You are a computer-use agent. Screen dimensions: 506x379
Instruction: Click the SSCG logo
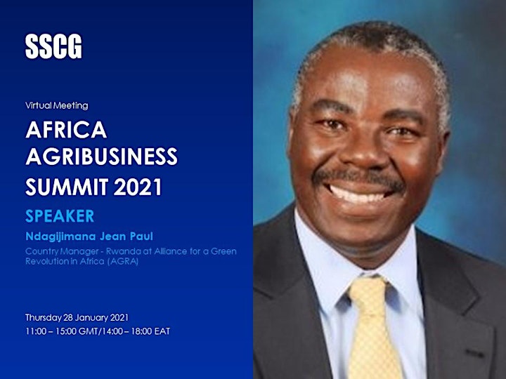(53, 46)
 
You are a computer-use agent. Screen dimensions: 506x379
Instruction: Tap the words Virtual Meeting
(57, 105)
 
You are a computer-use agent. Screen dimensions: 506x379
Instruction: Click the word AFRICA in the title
(66, 130)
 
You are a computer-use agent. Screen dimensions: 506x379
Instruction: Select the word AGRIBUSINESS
(102, 157)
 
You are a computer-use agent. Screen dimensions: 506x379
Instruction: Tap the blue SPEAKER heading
(60, 216)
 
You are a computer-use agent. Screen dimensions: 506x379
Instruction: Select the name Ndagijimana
(60, 237)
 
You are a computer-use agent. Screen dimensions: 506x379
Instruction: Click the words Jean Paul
(126, 237)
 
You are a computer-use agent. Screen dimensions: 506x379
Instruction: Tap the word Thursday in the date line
(44, 318)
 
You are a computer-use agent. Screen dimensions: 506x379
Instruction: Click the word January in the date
(93, 318)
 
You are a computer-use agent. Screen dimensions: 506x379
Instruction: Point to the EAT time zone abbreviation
(162, 331)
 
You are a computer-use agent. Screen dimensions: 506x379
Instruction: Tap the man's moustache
(358, 178)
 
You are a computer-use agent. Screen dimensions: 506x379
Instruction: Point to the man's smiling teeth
(358, 194)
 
